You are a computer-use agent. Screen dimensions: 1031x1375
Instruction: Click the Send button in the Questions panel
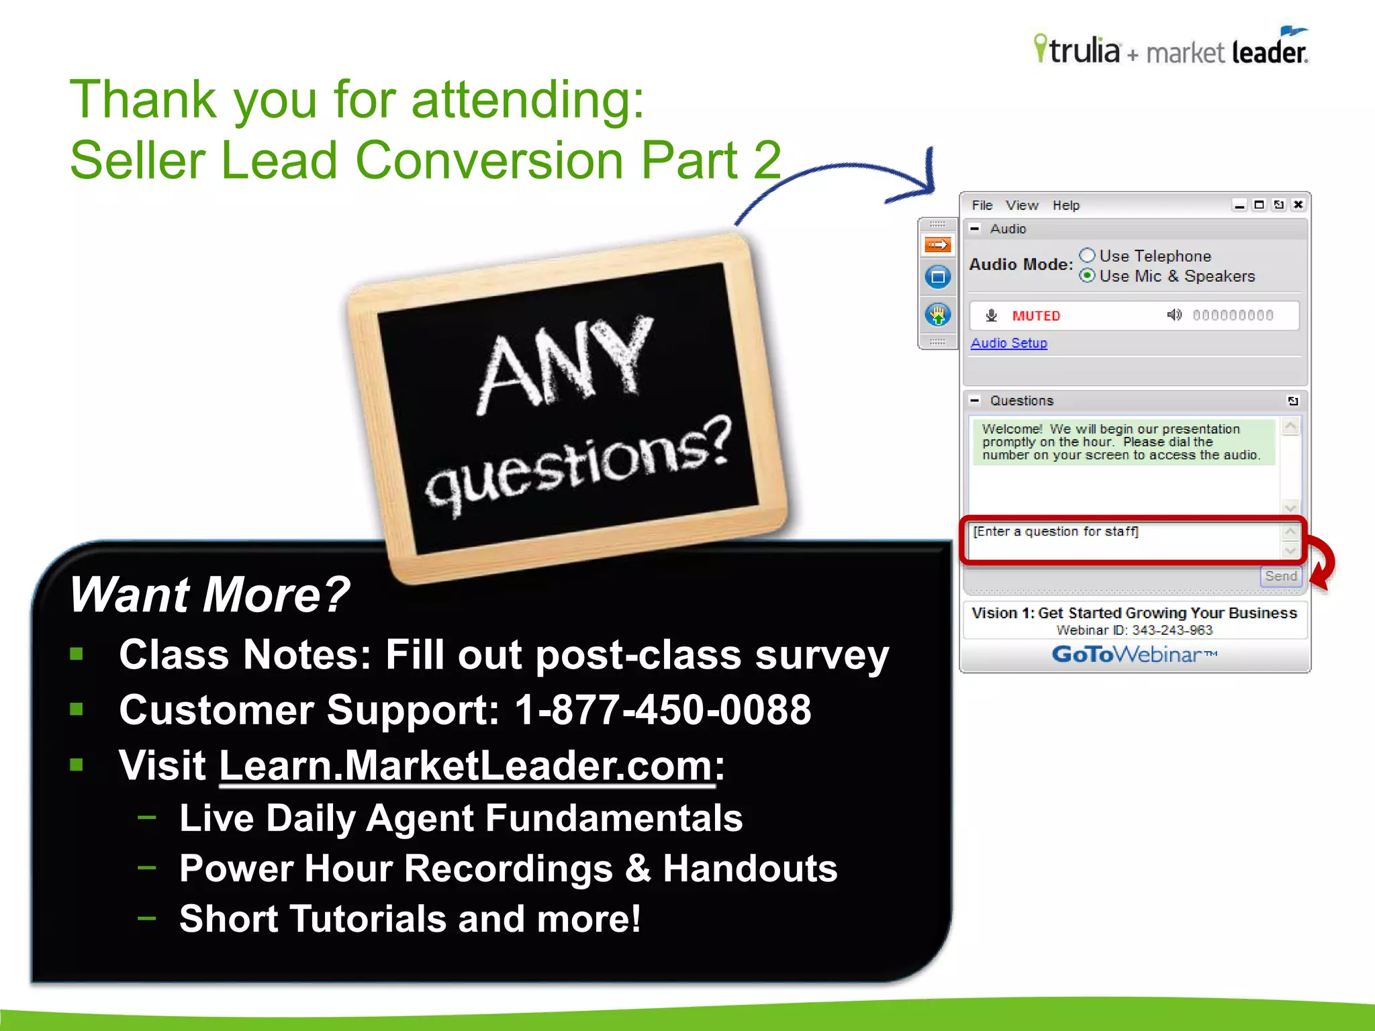tap(1280, 577)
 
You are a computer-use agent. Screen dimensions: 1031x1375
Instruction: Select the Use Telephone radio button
tap(1088, 256)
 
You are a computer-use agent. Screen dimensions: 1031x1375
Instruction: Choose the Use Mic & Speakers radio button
tap(1088, 276)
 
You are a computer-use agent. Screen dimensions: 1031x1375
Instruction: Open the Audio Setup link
tap(1008, 343)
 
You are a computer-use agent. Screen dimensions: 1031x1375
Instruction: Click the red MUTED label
tap(1036, 315)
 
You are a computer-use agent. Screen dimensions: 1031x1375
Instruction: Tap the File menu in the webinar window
tap(982, 205)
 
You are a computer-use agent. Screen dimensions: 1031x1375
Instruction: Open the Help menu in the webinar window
tap(1065, 205)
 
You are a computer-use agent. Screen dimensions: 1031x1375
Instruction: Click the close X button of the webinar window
tap(1298, 205)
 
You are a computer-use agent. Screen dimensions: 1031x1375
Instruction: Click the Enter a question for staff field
tap(1125, 540)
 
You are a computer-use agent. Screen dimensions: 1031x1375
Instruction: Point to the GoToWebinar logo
tap(1134, 654)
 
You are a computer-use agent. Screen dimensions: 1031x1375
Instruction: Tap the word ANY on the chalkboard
tap(564, 366)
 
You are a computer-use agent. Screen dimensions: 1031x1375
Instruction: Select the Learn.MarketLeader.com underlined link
tap(466, 765)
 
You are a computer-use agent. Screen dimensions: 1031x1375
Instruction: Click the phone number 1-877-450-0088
tap(663, 710)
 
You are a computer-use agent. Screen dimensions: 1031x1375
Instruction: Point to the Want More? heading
tap(209, 595)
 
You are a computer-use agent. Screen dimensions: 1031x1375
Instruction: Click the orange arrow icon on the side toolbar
tap(937, 245)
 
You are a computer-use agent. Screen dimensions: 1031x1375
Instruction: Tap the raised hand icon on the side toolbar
tap(937, 314)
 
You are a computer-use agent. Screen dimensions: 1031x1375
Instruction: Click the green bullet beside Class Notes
tap(77, 654)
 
